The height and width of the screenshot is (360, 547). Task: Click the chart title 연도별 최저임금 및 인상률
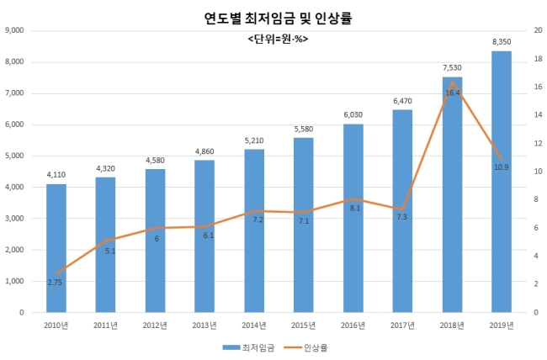click(x=278, y=19)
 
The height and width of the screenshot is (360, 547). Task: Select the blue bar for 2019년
click(x=502, y=182)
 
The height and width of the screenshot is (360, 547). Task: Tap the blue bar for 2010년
click(x=56, y=248)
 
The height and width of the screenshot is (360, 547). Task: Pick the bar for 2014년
click(x=254, y=230)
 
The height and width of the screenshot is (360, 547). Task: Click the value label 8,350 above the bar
click(x=502, y=42)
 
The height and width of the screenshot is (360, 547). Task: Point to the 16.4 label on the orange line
click(x=453, y=93)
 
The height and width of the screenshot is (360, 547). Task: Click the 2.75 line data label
click(x=55, y=283)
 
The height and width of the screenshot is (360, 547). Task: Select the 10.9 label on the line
click(x=502, y=167)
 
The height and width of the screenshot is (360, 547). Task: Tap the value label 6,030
click(x=353, y=114)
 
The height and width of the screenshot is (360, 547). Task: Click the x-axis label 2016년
click(x=353, y=326)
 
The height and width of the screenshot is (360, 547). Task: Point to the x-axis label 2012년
click(x=155, y=326)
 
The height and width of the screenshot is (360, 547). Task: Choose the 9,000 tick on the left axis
click(x=14, y=30)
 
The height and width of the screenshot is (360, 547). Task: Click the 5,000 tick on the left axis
click(x=14, y=156)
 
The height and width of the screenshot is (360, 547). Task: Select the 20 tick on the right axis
click(x=539, y=30)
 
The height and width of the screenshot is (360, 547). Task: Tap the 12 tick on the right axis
click(x=539, y=143)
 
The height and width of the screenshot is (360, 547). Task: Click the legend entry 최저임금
click(x=248, y=347)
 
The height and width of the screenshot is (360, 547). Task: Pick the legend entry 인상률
click(x=305, y=347)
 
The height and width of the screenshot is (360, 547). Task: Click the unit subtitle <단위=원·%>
click(x=278, y=39)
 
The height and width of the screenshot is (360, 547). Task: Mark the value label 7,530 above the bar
click(x=452, y=67)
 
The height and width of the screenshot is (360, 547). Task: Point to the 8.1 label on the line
click(x=355, y=209)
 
